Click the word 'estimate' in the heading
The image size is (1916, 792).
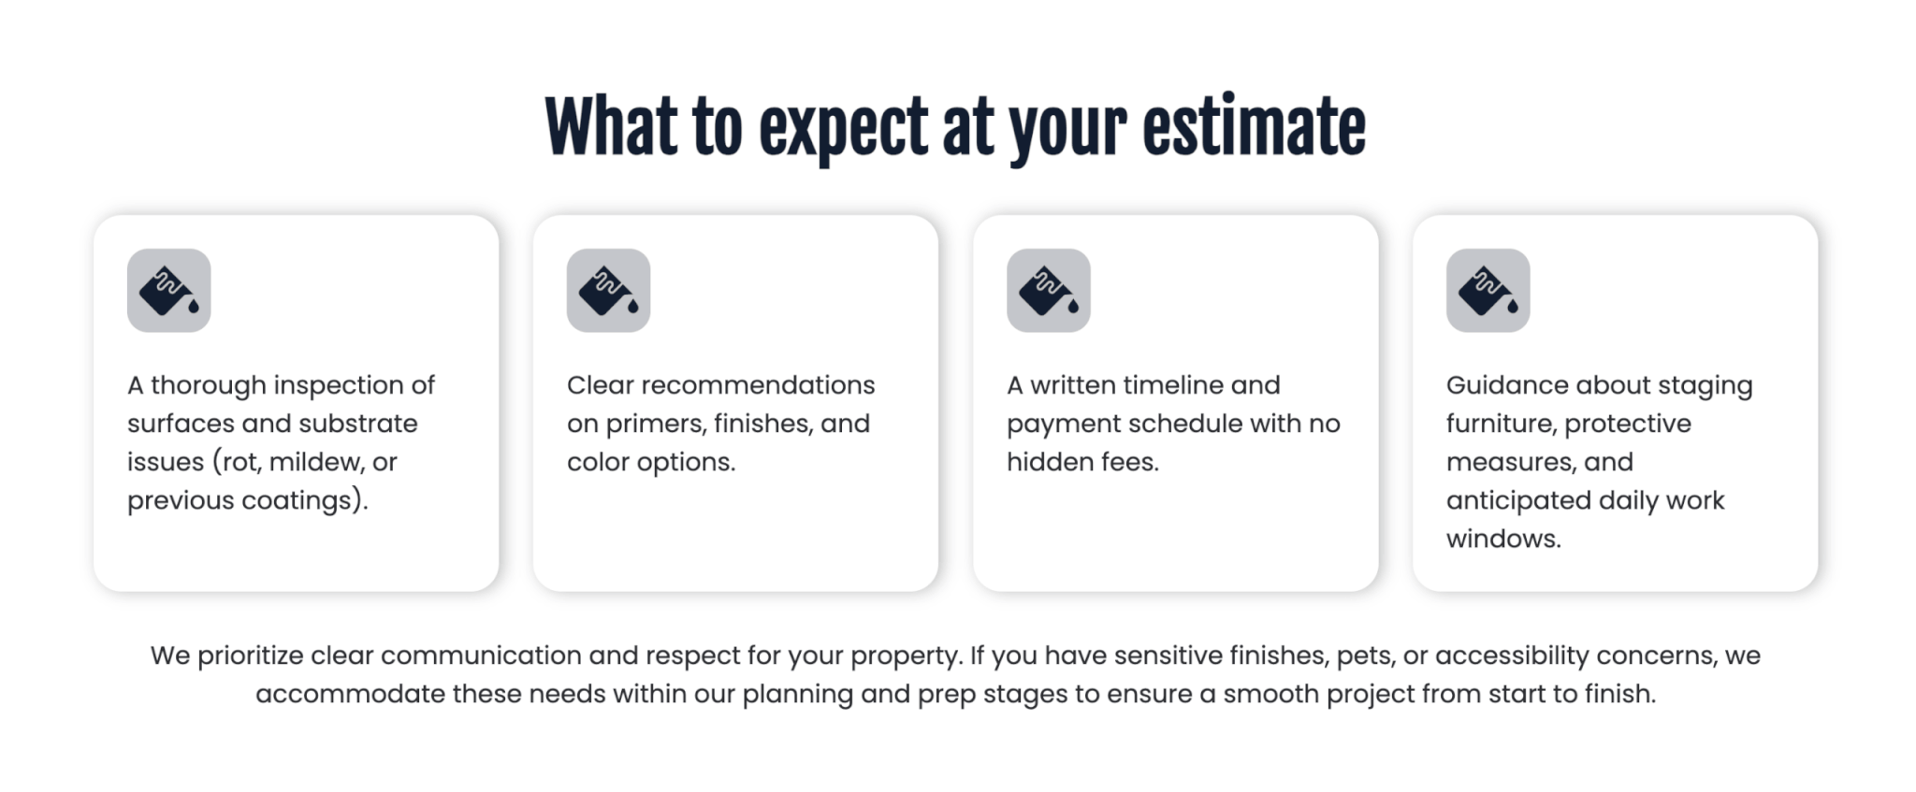[x=1254, y=127]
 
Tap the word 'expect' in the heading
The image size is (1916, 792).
[x=843, y=131]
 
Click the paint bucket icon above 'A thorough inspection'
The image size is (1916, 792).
[x=169, y=291]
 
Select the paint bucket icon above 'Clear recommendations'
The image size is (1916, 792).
[x=608, y=291]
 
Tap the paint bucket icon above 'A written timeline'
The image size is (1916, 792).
[x=1049, y=291]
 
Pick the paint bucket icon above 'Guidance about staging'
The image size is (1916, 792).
[x=1488, y=291]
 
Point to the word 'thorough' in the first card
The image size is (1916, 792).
[x=208, y=385]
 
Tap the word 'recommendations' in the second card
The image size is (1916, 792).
[x=758, y=385]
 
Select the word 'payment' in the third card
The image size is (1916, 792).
[x=1064, y=425]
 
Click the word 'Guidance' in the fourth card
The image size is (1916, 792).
[x=1507, y=385]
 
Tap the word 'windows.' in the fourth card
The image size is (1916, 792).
[x=1503, y=539]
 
